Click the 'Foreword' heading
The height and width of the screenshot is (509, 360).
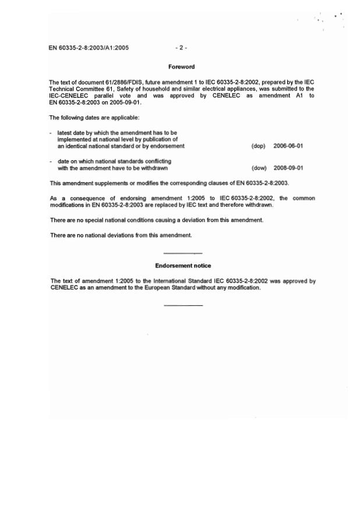(181, 67)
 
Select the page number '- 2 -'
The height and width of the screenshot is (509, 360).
(181, 48)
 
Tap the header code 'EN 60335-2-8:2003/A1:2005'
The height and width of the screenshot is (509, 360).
(89, 48)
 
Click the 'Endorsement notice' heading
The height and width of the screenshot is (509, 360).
(183, 266)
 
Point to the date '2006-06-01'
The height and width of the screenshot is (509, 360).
(288, 146)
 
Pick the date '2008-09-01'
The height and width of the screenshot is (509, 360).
(288, 168)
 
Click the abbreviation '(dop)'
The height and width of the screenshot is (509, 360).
(258, 146)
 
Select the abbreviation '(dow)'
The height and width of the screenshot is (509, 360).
(259, 168)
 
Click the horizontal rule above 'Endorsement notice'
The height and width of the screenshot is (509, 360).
(183, 253)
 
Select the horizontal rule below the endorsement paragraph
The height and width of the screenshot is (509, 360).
(183, 305)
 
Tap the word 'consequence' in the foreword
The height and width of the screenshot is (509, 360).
(91, 199)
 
